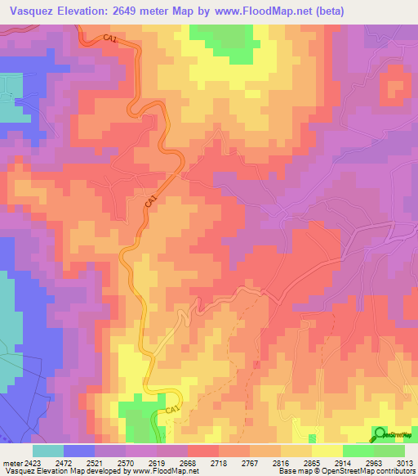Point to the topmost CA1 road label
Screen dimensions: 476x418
point(111,38)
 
